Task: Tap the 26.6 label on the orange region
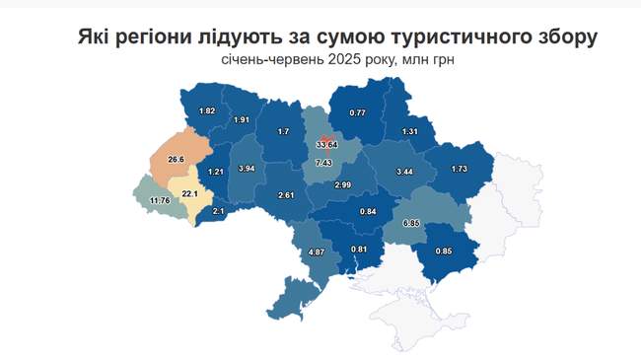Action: click(177, 159)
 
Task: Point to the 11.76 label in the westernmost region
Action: click(159, 201)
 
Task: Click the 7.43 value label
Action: click(323, 162)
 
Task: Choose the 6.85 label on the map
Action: click(421, 224)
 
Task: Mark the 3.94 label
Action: click(248, 168)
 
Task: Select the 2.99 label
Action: click(341, 185)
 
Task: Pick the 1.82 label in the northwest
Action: click(207, 110)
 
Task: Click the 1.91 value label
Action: click(241, 120)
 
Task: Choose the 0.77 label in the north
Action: click(358, 112)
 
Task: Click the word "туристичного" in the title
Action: click(452, 37)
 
